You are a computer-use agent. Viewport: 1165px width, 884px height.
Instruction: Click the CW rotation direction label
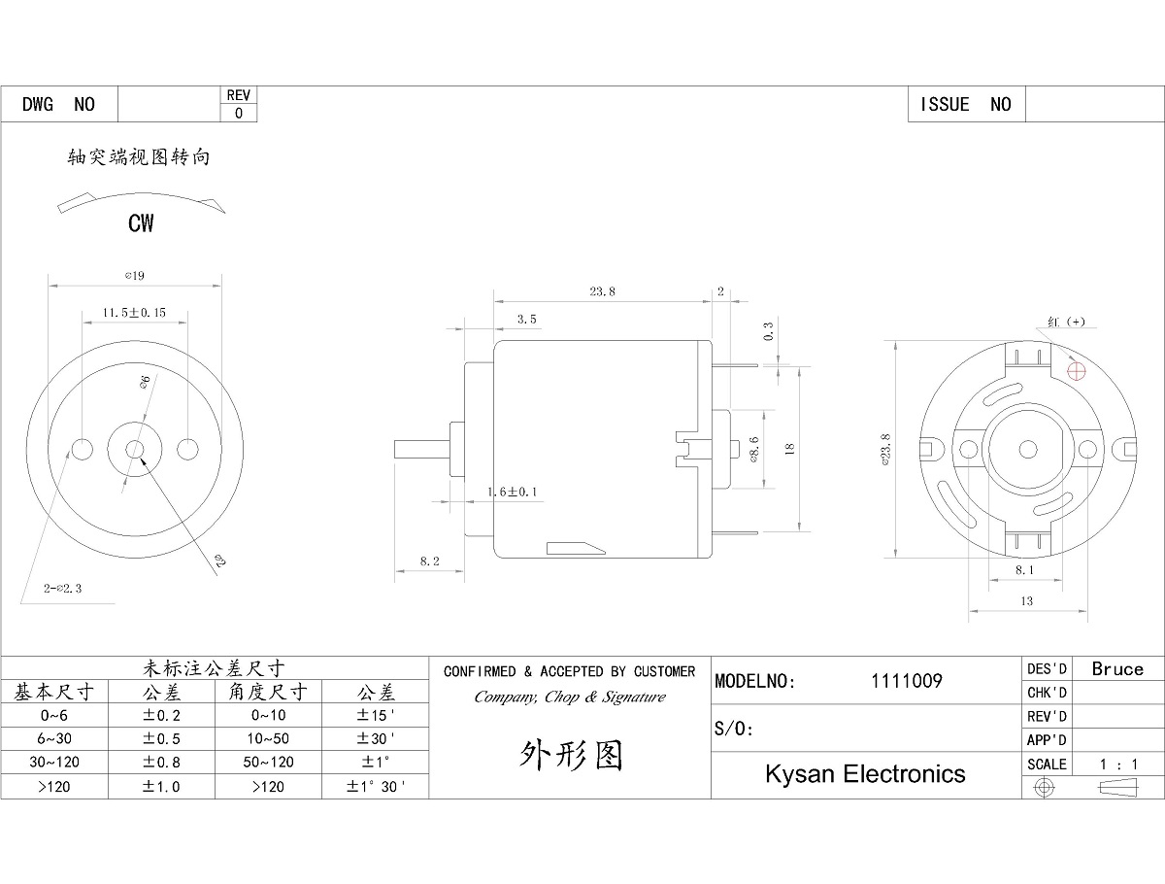tap(141, 223)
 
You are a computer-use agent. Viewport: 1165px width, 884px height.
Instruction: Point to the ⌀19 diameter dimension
tap(135, 276)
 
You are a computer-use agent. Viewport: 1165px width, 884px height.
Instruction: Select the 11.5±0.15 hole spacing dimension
tap(135, 313)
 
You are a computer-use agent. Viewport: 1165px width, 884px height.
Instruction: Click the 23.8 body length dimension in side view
tap(602, 290)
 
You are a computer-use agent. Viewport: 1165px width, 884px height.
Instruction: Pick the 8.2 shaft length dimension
tap(429, 561)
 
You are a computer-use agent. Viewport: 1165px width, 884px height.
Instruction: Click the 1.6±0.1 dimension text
tap(512, 493)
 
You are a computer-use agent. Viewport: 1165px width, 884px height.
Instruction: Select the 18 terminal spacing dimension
tap(788, 449)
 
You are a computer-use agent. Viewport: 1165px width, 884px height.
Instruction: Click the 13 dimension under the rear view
tap(1026, 601)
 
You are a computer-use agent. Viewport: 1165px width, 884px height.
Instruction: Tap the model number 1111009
tap(907, 681)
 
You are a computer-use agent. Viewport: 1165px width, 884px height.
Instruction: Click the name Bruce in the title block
tap(1117, 668)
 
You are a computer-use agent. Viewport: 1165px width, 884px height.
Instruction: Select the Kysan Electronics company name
tap(865, 773)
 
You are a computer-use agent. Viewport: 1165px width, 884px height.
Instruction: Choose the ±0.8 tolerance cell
tap(161, 763)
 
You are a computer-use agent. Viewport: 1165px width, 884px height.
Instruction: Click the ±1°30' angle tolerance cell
tap(376, 787)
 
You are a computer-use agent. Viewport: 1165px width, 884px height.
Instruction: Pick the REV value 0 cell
tap(239, 113)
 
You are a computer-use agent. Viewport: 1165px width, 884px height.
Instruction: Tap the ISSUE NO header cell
tap(965, 104)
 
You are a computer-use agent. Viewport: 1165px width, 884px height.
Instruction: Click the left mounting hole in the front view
tap(83, 449)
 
